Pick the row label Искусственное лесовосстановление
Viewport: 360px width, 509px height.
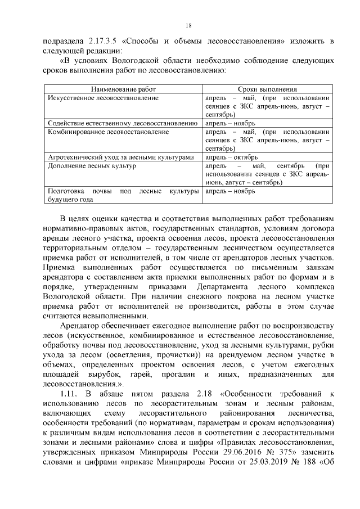(x=103, y=98)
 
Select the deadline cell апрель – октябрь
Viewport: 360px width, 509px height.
(x=231, y=157)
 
